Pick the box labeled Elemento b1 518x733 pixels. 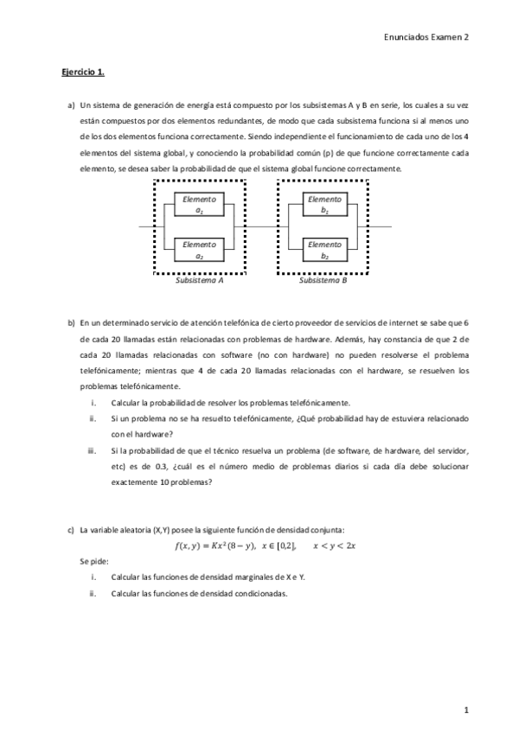(324, 204)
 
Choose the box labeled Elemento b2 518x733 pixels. (324, 250)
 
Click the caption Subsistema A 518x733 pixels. (200, 280)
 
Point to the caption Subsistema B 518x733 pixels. (323, 280)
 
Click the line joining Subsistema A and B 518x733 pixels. (262, 226)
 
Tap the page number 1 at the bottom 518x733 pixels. (465, 710)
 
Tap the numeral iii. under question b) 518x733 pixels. (92, 450)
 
